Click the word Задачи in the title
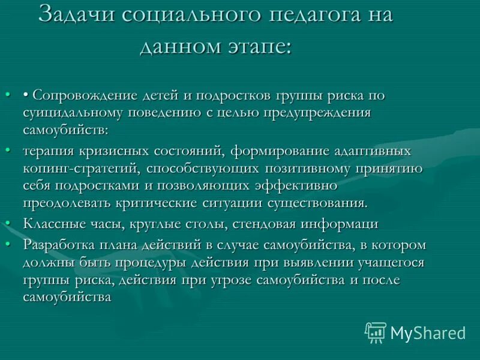tap(76, 14)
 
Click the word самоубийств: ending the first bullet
tap(65, 128)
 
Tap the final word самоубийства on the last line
tap(67, 297)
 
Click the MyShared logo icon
tap(376, 332)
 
